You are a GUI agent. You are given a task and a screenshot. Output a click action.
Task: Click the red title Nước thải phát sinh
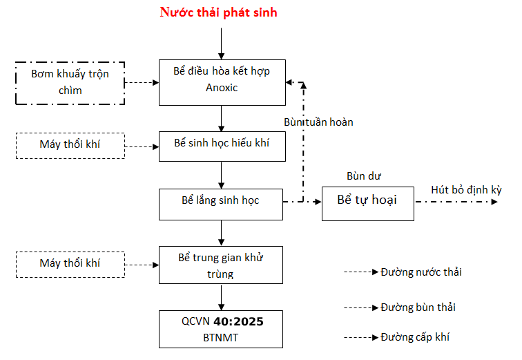218,12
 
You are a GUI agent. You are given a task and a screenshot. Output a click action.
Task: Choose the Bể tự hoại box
367,201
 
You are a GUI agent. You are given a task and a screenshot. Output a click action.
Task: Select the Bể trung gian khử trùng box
221,265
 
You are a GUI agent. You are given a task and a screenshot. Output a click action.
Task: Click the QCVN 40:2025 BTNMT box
221,330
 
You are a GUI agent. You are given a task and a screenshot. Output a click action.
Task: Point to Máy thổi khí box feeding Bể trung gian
70,263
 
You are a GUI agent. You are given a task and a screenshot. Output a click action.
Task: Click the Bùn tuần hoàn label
318,122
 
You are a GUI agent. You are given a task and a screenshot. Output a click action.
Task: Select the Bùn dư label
364,176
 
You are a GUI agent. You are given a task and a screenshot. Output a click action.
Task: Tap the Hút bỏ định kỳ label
466,190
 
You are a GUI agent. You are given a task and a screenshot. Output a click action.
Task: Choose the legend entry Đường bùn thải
418,307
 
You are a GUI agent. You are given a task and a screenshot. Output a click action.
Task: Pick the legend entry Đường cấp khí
415,337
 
